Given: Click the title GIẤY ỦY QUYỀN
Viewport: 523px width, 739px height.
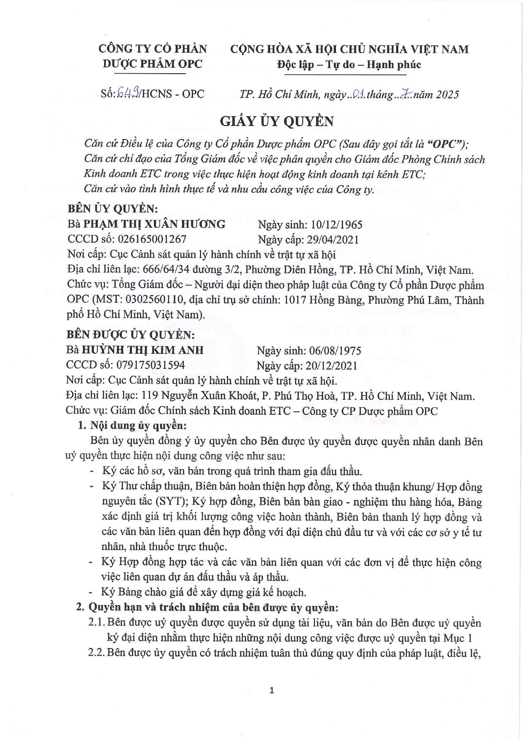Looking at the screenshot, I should tap(276, 121).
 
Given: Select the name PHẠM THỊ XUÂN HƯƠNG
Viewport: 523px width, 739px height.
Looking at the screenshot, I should tap(154, 224).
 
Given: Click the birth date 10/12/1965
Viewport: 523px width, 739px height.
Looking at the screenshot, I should tap(336, 224).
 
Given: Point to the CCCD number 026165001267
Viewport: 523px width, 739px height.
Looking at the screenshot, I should tap(152, 239).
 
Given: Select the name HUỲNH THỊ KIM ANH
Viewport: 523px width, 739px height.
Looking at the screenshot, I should tap(142, 350).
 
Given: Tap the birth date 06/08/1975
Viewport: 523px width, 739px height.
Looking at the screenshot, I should tap(335, 351).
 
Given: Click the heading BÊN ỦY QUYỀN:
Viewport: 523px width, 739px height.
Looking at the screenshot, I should tap(113, 208).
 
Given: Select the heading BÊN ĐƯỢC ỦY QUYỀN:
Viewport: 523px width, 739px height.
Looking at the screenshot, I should tap(130, 335).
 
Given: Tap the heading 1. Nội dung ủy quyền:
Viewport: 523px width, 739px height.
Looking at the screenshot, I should tap(132, 425).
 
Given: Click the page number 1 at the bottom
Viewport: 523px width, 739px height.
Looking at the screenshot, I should tap(271, 690).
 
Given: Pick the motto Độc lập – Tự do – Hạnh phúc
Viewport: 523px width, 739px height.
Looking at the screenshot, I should tap(349, 64).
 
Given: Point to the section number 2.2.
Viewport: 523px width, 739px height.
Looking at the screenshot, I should tap(96, 653).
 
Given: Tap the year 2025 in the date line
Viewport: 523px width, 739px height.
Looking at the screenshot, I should tap(447, 94).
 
